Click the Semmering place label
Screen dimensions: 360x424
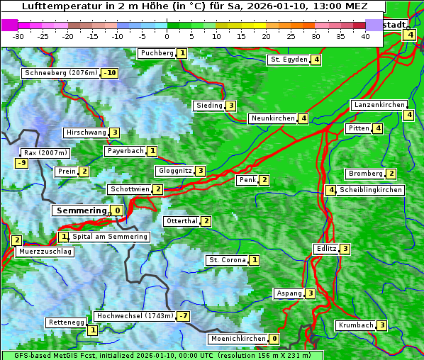tap(80, 210)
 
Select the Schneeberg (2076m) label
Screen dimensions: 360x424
tap(60, 73)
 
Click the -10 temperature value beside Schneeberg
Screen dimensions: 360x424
tap(109, 73)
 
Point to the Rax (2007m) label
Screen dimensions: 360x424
tap(45, 152)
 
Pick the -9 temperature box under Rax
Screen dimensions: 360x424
tap(22, 163)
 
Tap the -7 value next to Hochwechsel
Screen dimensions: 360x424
tap(183, 316)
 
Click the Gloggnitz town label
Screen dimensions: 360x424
tap(174, 171)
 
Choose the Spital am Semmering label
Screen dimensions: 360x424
tap(110, 237)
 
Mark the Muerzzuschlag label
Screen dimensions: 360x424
tap(45, 252)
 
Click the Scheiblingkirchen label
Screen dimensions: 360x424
tap(371, 190)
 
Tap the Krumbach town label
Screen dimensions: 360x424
tap(355, 325)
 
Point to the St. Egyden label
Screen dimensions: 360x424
tap(289, 60)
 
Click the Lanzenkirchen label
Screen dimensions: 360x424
tap(379, 105)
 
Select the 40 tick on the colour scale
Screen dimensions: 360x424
tap(365, 36)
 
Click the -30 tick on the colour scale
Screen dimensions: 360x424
tap(19, 36)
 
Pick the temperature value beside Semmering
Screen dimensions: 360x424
tap(117, 210)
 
